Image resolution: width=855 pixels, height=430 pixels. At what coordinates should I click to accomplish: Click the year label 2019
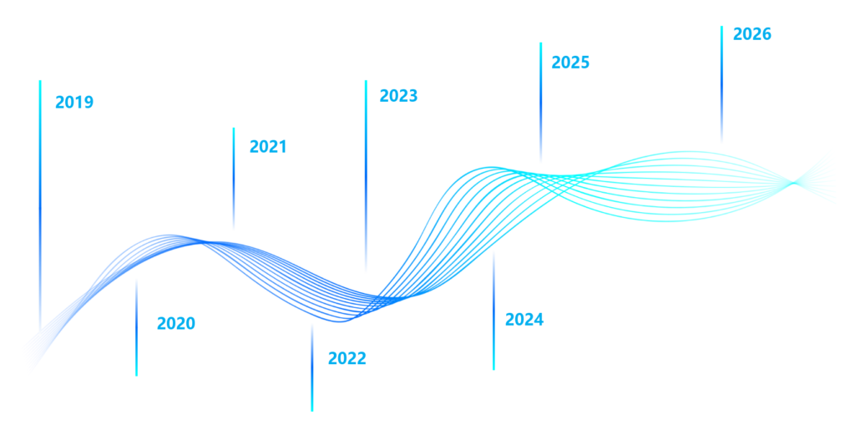(x=74, y=103)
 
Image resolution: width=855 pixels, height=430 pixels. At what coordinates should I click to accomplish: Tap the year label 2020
(x=175, y=324)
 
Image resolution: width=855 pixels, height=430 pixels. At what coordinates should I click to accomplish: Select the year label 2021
(x=268, y=146)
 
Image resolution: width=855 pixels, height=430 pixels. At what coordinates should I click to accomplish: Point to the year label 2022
(x=347, y=359)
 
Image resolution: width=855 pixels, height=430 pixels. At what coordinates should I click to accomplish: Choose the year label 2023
(x=398, y=96)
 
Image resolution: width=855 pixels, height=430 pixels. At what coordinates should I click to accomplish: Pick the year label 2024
(x=524, y=319)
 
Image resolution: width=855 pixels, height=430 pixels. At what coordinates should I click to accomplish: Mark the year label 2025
(x=570, y=63)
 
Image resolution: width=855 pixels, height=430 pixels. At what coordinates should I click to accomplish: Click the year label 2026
(x=751, y=34)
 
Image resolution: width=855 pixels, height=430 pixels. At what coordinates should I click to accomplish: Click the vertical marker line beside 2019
(x=39, y=209)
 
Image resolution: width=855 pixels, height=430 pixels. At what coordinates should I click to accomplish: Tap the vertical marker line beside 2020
(x=136, y=326)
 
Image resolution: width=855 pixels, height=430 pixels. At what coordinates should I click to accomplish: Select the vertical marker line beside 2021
(x=233, y=179)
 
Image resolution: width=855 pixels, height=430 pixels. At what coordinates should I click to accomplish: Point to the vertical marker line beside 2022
(x=312, y=367)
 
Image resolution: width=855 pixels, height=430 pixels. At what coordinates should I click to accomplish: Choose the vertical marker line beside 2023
(x=365, y=175)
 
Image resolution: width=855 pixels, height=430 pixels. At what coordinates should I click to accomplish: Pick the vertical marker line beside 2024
(x=493, y=309)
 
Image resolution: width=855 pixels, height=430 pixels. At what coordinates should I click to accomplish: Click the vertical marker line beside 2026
(x=721, y=83)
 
